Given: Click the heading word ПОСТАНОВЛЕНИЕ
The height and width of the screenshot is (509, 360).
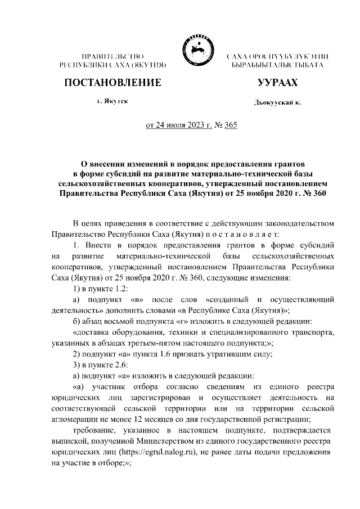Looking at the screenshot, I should [112, 83].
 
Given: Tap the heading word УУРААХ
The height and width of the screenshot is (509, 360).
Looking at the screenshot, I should [277, 83].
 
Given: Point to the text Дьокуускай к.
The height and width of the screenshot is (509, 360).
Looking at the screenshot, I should [277, 103].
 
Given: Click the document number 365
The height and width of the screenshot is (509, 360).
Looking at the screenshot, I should [230, 125].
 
